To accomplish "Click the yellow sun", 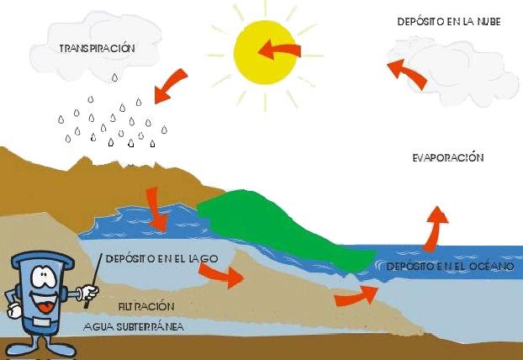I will [266, 51].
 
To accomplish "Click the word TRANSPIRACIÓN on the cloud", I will [98, 48].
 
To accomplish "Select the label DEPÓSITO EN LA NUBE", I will [448, 21].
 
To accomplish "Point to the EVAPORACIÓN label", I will [449, 157].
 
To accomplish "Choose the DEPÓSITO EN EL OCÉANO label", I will [443, 267].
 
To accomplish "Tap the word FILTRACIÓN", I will [146, 307].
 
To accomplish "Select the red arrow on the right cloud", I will [410, 73].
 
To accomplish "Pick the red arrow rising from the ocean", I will [435, 228].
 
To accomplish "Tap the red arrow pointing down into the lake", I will [156, 210].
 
